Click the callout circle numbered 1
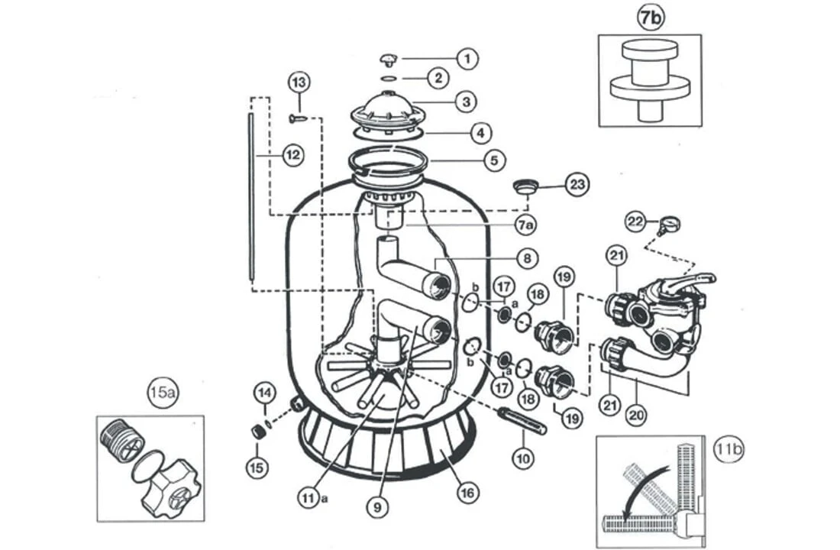click(x=467, y=57)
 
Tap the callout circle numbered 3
click(x=467, y=100)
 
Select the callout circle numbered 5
click(x=494, y=160)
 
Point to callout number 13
click(x=299, y=82)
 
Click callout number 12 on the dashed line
click(x=292, y=156)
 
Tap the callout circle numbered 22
click(x=636, y=221)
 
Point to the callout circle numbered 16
click(x=468, y=493)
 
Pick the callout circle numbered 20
click(x=635, y=416)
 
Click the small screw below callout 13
click(x=298, y=118)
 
